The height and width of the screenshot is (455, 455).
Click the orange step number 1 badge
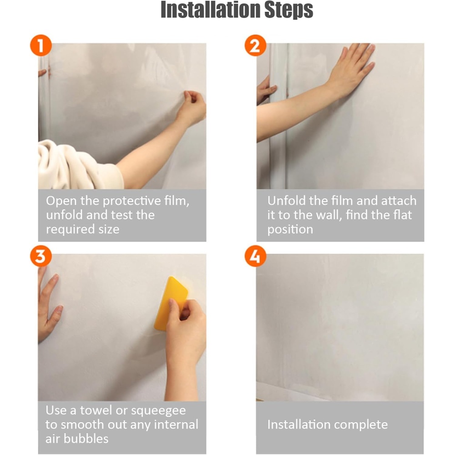click(41, 45)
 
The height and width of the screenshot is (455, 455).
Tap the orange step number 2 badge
click(255, 45)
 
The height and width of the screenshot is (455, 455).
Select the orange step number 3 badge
click(41, 256)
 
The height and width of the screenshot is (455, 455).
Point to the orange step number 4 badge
click(255, 256)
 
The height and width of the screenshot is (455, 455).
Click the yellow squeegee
click(171, 303)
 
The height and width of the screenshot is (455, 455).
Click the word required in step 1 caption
click(70, 229)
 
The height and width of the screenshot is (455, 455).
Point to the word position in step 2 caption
click(290, 229)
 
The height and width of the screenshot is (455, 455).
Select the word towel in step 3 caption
click(96, 410)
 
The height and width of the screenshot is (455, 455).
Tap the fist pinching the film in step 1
click(192, 107)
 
